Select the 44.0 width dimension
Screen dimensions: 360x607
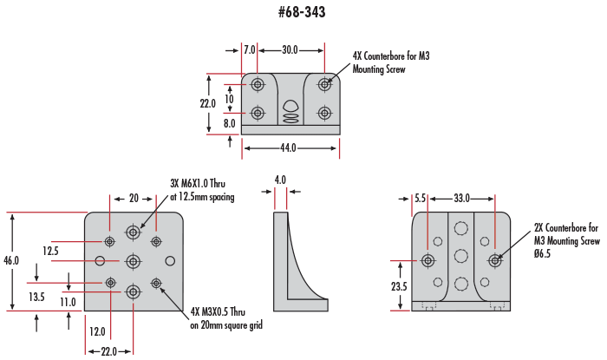point(288,148)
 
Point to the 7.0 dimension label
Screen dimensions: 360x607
point(249,51)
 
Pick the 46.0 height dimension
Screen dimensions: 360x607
point(12,261)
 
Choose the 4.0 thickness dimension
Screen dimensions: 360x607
point(279,180)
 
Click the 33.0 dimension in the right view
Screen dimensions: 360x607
point(461,199)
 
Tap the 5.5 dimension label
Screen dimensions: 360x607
point(420,199)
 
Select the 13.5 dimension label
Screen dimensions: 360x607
point(36,297)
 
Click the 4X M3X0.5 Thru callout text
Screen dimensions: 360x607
point(225,319)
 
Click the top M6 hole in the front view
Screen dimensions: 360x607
point(133,232)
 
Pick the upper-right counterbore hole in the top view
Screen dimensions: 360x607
point(325,84)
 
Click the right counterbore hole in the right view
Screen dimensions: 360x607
point(495,260)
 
